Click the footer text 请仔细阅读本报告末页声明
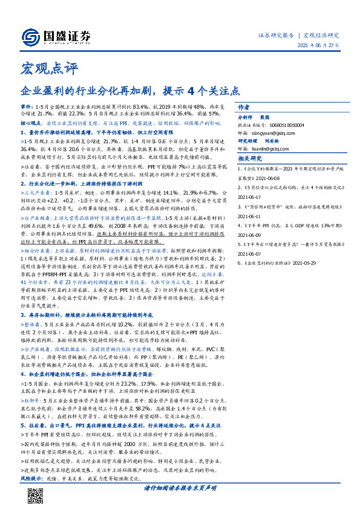click(180, 487)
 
